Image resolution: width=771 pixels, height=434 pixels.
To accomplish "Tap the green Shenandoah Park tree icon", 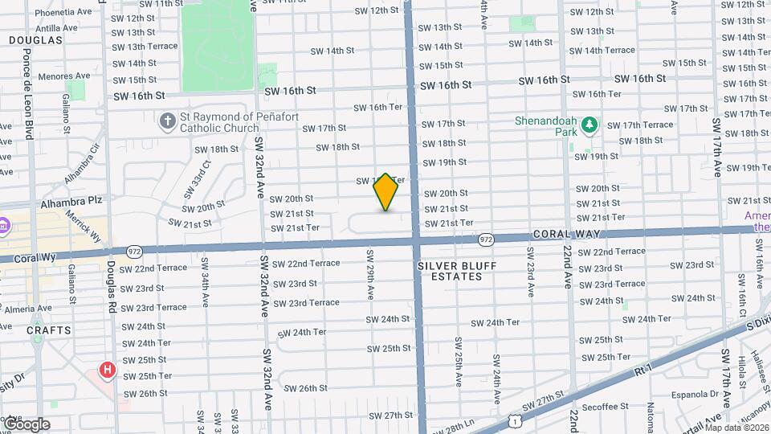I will coord(590,124).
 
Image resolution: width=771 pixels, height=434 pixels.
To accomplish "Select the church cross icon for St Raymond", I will coord(167,121).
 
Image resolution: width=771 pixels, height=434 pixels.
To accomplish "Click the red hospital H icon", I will coord(107,370).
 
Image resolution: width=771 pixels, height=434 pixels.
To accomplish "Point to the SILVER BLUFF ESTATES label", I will coord(456,271).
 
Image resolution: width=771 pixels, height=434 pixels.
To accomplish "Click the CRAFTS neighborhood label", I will coord(48,330).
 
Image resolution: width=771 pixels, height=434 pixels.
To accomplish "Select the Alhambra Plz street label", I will coord(67,204).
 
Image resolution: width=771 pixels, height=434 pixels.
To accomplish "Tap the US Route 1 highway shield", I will coord(512,420).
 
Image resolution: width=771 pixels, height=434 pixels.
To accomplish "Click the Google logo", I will coord(26,424).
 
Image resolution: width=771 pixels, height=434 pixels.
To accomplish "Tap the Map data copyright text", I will coord(736,428).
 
